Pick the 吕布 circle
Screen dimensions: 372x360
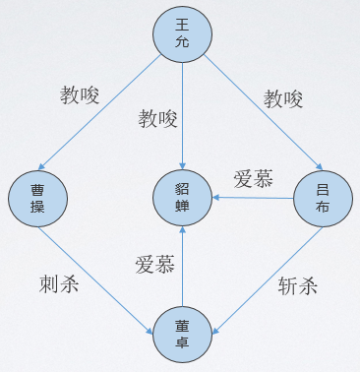[323, 198]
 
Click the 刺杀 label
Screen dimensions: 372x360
[59, 285]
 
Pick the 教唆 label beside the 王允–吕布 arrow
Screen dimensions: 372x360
[283, 98]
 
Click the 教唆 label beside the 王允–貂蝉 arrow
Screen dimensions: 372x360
[157, 119]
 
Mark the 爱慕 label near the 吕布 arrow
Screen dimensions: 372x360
[253, 178]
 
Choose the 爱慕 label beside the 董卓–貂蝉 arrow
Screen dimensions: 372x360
[154, 264]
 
